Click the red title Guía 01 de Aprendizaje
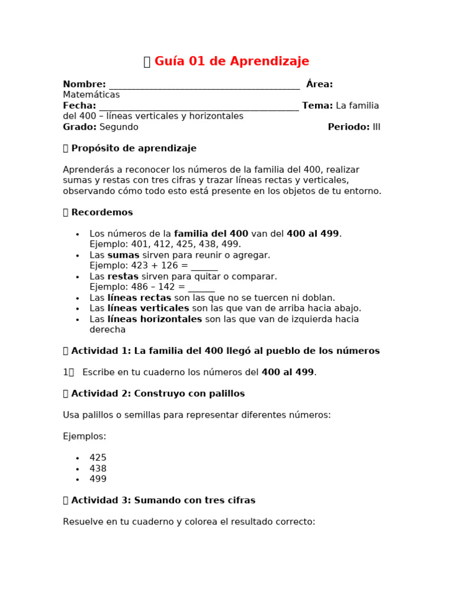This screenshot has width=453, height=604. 231,61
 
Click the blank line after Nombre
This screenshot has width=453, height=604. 204,86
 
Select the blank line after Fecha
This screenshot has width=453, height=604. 199,107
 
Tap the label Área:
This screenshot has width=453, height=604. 319,84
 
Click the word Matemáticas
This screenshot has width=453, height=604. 91,95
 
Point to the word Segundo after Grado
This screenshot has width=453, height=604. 119,127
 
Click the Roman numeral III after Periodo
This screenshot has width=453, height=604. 376,127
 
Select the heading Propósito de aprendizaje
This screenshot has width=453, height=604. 133,148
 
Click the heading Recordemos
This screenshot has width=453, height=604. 101,212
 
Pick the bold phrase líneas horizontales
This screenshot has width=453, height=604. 154,319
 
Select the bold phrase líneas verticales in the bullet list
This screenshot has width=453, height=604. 148,308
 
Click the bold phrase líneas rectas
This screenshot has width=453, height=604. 139,298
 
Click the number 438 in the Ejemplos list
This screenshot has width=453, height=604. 98,468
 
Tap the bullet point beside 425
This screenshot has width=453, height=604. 77,458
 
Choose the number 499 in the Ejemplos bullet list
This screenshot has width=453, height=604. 98,479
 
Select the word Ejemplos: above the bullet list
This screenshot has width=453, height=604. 84,436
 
